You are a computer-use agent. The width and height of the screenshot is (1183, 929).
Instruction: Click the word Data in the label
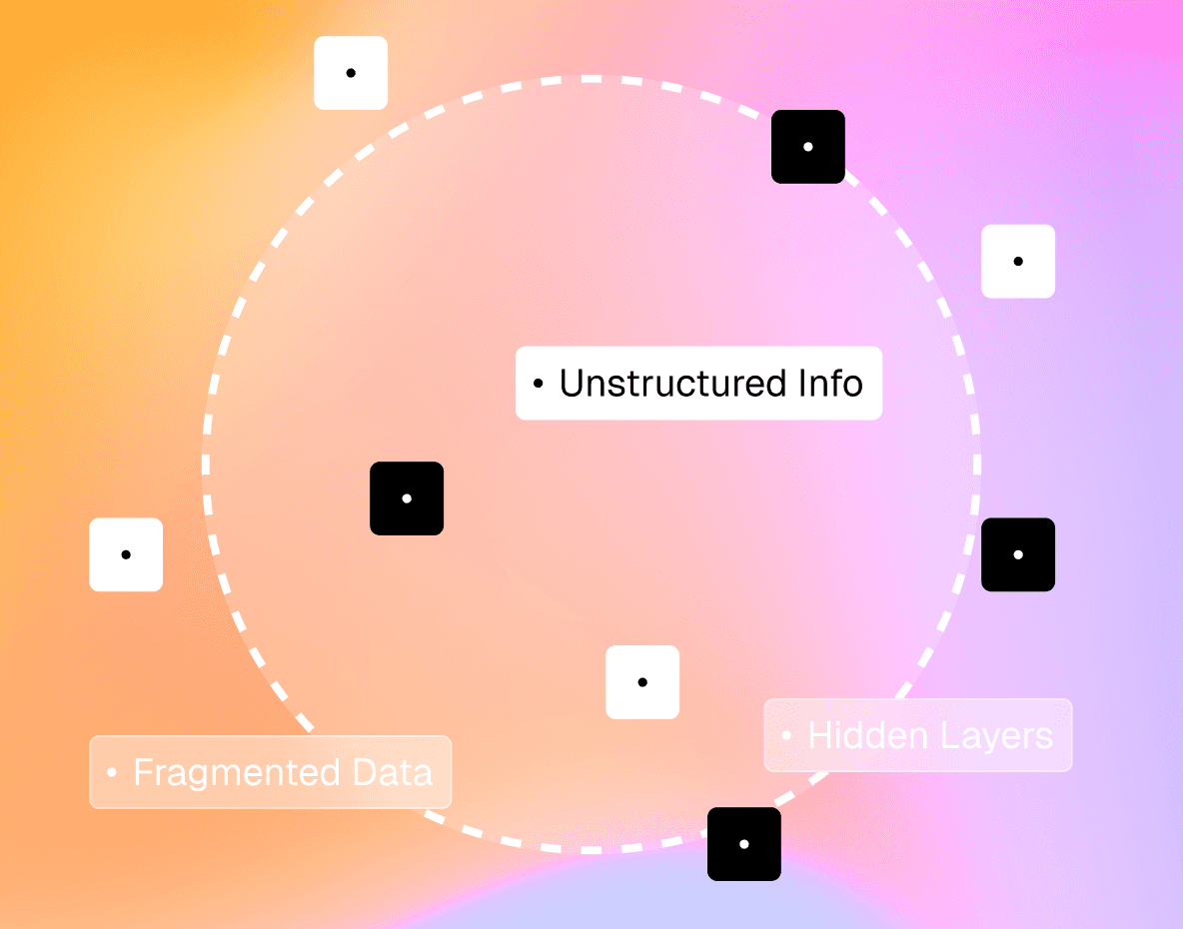(393, 773)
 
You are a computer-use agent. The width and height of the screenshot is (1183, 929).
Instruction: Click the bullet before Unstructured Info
(539, 384)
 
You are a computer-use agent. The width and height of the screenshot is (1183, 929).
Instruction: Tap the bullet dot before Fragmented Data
(112, 773)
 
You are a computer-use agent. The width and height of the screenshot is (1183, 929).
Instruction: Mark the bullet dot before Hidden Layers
(786, 736)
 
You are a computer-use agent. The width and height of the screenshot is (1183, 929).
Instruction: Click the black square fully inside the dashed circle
(407, 498)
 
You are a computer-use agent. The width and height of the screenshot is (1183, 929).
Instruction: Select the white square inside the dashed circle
(642, 682)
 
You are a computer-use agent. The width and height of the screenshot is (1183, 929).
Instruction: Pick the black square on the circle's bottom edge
(744, 844)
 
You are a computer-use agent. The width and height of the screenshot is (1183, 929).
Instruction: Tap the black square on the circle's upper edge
(808, 147)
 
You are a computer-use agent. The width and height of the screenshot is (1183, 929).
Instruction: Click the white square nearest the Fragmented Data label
(126, 554)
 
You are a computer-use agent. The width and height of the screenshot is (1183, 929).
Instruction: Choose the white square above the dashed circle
(351, 73)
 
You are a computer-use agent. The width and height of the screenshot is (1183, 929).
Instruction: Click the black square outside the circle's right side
(1018, 554)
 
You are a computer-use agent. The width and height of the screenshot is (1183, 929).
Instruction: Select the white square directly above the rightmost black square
(1018, 261)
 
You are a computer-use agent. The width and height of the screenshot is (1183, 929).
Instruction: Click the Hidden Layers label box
(918, 736)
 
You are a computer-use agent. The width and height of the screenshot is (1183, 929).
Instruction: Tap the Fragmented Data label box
(271, 773)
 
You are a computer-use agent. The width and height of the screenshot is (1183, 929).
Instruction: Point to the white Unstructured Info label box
(698, 384)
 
